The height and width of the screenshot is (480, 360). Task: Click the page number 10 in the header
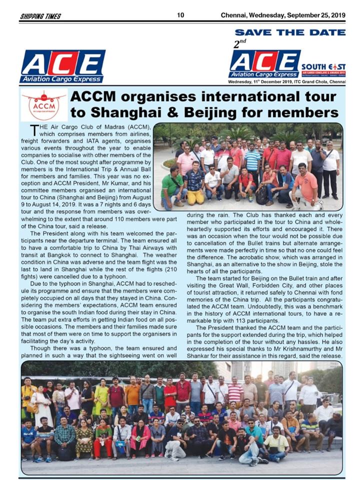pos(180,15)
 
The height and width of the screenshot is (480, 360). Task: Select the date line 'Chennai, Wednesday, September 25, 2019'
pos(283,15)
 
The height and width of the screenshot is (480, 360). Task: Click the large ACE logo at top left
pos(62,66)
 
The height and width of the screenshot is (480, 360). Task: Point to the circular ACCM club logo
pos(44,105)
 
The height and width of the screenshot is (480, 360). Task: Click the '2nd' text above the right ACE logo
pos(240,43)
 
